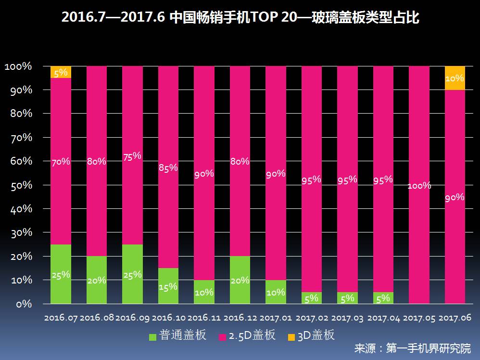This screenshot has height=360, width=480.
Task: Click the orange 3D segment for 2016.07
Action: point(61,72)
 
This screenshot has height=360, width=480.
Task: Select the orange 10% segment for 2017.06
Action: point(455,78)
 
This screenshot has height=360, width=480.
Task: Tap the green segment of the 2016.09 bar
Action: point(132,274)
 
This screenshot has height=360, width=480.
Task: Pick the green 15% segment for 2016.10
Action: point(168,286)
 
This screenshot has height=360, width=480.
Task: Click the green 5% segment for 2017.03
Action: point(347,298)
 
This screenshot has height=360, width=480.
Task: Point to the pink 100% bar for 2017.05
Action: point(419,185)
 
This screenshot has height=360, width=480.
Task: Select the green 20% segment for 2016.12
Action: point(240,280)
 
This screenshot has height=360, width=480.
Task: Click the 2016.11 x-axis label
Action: point(204,318)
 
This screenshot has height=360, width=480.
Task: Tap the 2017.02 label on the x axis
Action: point(312,318)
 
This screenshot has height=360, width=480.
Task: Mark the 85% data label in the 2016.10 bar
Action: point(168,167)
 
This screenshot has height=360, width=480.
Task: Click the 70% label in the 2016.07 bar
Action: point(61,162)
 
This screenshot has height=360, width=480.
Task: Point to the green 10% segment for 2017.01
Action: point(276,292)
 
